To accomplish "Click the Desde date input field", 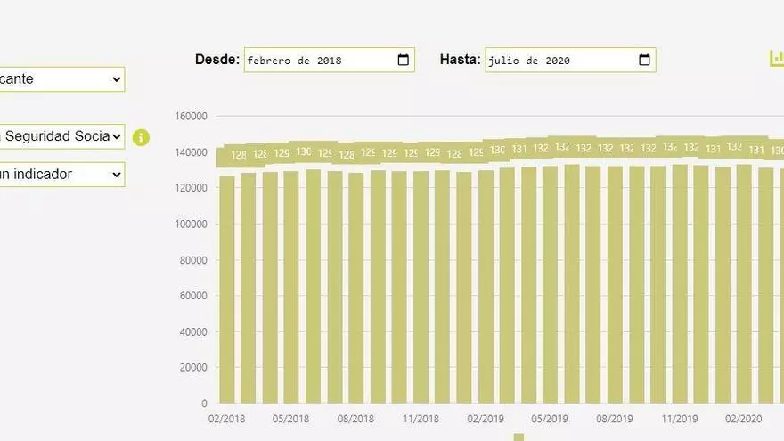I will click(x=321, y=61).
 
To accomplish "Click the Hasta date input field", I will click(x=561, y=61).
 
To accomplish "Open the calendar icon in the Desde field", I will click(x=404, y=61).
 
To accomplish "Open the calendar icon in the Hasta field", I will click(x=645, y=61).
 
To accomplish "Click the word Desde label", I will click(x=217, y=60).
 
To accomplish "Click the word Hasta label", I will click(x=460, y=60).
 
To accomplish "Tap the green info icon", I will click(x=141, y=137).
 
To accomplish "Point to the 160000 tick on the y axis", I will click(x=192, y=116).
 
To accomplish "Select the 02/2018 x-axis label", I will click(x=227, y=419).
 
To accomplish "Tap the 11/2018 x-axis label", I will click(x=421, y=419).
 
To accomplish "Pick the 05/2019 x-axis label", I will click(x=550, y=419).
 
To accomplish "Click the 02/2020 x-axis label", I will click(x=743, y=419).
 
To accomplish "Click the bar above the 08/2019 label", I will click(x=615, y=285).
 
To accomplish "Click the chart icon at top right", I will click(x=776, y=59).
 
